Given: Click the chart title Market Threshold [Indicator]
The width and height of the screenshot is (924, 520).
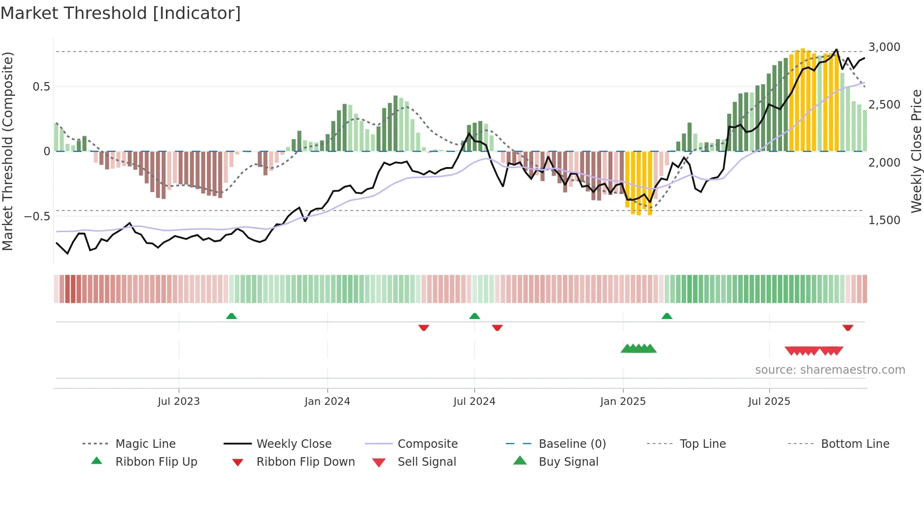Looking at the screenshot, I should coord(121,13).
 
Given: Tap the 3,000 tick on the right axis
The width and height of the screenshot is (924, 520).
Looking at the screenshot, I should coord(884,47).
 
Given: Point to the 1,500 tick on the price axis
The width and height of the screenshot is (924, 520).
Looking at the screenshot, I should coord(884,220).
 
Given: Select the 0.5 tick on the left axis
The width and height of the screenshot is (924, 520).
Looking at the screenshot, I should coord(41,87).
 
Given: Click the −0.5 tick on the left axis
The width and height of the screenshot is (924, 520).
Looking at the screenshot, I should coord(37,217).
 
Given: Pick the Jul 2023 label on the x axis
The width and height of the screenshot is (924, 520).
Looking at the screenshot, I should coord(179,402).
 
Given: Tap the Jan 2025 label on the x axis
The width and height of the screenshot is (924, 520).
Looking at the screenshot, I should coord(623,402).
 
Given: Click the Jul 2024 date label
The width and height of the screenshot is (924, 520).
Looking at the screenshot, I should coord(474,402).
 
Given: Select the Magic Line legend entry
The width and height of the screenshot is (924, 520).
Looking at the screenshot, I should coord(145,444).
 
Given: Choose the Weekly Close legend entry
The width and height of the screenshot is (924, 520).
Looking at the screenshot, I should coord(294,444).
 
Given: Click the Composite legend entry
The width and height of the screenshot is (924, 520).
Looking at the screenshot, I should coord(427,444).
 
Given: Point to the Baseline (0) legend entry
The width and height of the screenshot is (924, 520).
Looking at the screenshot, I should coord(572,444).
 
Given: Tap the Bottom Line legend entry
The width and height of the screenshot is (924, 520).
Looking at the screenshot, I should coord(855,444).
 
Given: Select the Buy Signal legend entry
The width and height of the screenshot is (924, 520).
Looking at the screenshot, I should coord(568,462).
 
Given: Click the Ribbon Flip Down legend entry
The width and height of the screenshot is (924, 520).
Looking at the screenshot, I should coord(305,462).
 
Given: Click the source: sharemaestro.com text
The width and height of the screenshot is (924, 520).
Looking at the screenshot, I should coord(830,370).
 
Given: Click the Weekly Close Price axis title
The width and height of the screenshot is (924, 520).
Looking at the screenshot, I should coord(916,151).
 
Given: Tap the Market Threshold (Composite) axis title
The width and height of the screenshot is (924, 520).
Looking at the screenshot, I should coord(8,151).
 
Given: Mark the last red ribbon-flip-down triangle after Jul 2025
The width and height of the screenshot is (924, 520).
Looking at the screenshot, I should coord(848,327).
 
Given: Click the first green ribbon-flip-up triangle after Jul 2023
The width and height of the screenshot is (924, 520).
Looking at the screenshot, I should coord(231,316).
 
